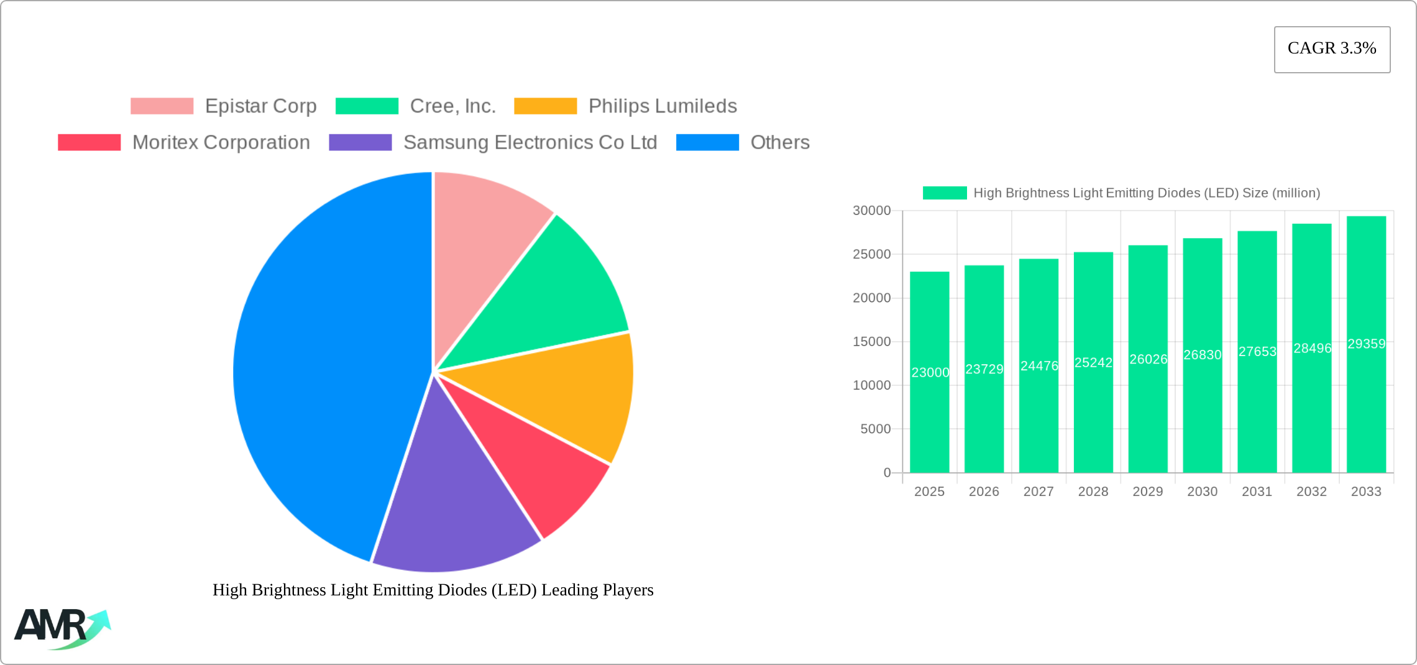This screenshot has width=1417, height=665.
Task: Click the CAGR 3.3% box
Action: point(1332,49)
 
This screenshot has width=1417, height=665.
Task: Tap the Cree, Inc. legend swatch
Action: point(367,106)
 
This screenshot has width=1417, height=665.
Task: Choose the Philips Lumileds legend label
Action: point(663,106)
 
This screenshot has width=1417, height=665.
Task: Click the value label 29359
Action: point(1366,344)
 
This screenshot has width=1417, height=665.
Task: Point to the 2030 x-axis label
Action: point(1202,492)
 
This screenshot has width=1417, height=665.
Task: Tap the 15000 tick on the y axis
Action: point(871,342)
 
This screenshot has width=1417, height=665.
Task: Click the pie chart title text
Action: point(433,590)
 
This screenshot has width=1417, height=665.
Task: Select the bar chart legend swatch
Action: point(945,193)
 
